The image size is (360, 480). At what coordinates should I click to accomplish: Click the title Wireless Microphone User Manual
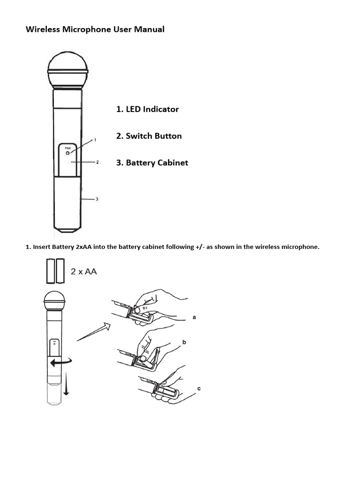click(x=95, y=30)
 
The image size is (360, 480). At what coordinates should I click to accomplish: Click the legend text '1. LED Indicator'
click(x=147, y=109)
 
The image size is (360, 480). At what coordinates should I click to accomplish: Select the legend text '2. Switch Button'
click(x=149, y=136)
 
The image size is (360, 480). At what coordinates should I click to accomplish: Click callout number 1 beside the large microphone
click(x=95, y=140)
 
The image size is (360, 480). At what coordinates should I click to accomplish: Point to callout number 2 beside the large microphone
click(x=97, y=162)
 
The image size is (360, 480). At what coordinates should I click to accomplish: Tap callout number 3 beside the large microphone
click(x=97, y=199)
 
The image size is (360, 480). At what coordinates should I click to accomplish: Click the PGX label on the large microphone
click(x=67, y=149)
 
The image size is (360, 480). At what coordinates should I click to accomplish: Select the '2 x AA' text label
click(x=84, y=271)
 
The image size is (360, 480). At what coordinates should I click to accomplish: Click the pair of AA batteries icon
click(x=55, y=271)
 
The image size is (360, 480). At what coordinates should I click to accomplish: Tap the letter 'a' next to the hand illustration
click(x=194, y=317)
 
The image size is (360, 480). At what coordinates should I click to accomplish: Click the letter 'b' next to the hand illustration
click(x=184, y=343)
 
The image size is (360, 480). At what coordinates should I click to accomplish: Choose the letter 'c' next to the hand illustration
click(x=199, y=389)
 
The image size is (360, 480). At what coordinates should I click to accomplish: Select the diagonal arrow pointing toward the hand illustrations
click(x=93, y=331)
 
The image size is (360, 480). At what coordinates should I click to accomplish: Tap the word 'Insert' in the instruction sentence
click(x=41, y=247)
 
